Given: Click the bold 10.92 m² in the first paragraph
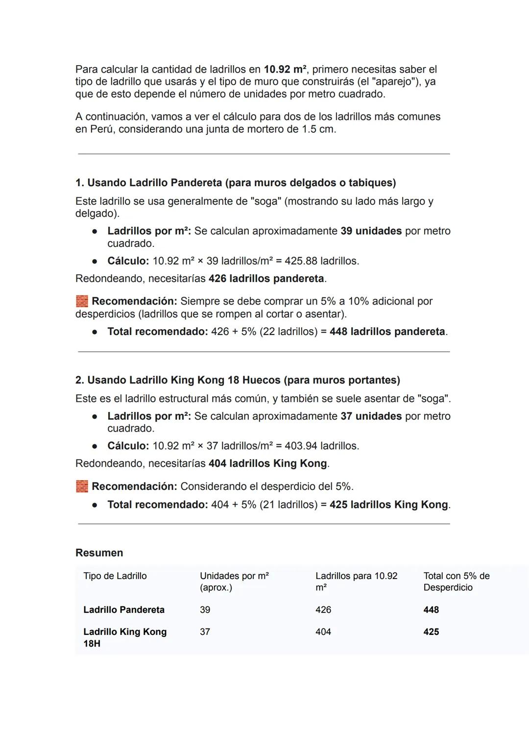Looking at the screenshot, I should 285,70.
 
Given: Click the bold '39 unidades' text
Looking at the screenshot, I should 371,231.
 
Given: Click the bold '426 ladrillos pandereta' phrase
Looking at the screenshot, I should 266,279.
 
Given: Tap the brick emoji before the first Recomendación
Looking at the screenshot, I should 82,301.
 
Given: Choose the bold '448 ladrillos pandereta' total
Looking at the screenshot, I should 387,332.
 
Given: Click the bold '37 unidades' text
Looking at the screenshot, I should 371,416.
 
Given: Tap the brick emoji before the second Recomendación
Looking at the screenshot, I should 82,486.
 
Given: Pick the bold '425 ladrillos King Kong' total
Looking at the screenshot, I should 389,505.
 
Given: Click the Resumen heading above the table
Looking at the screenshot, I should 99,553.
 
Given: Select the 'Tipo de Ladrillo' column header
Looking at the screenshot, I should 115,576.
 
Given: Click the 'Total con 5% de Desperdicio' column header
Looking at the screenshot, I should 456,581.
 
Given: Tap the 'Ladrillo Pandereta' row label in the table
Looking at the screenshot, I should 123,610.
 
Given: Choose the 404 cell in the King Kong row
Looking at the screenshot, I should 323,632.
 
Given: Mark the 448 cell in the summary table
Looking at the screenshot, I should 431,610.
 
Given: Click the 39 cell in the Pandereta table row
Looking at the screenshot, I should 205,610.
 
